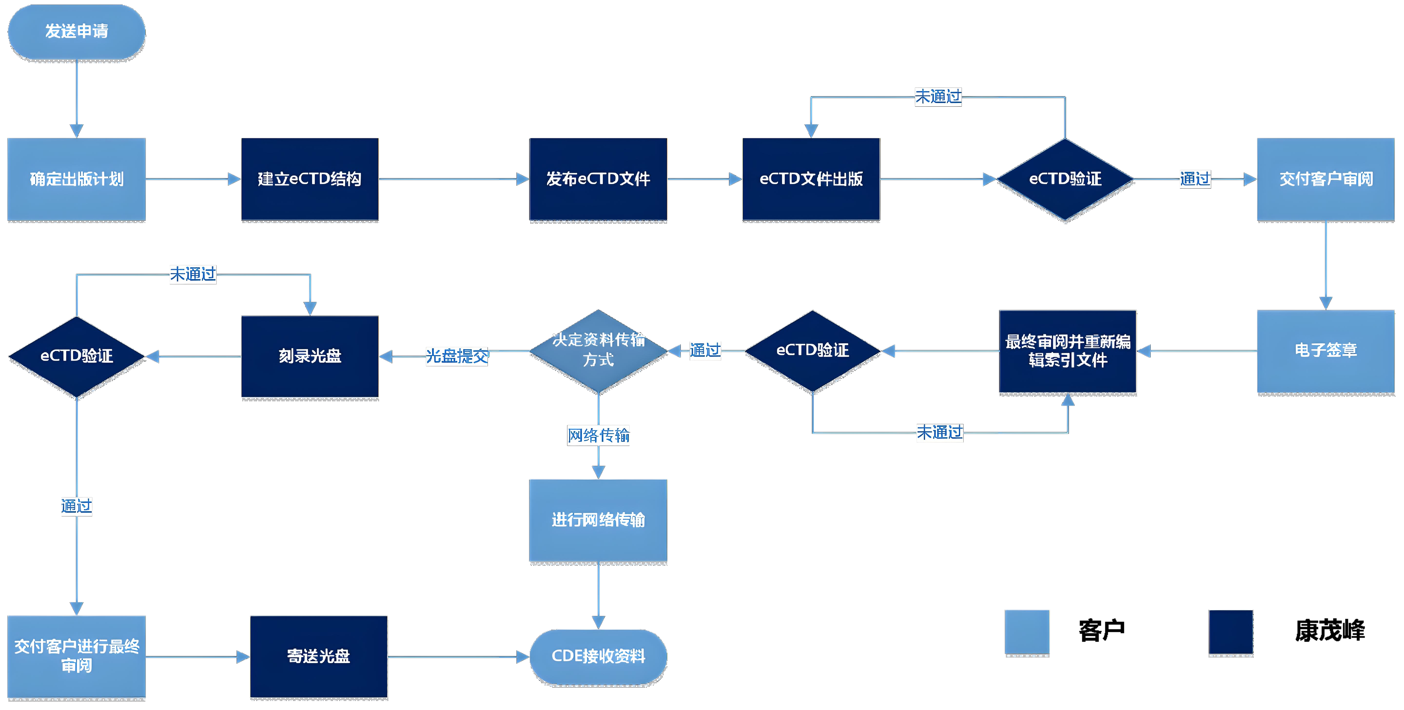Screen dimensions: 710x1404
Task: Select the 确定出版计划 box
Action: [76, 179]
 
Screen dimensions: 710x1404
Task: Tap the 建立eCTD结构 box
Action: [310, 179]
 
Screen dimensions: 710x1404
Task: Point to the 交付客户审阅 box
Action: [1326, 179]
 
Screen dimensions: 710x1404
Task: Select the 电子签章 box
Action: [1326, 351]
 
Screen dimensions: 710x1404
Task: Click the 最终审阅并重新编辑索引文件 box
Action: [1068, 351]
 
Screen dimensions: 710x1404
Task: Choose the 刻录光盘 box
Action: [310, 356]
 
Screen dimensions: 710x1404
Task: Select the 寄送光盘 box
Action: [318, 656]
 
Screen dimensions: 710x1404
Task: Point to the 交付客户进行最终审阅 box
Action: [76, 656]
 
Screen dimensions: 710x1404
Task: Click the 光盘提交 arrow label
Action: [457, 356]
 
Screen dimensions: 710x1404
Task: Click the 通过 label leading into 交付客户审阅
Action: [1195, 179]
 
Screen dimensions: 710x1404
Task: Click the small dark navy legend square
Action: [1231, 631]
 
